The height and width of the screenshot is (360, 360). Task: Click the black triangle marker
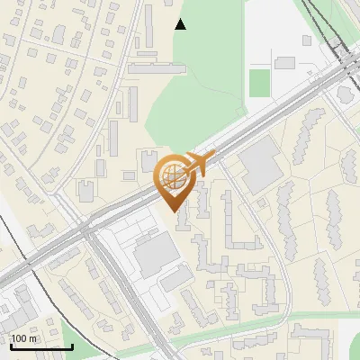[x=180, y=24]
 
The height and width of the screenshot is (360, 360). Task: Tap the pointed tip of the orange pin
[x=173, y=212]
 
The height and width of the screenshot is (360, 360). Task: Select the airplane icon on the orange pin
[x=198, y=164]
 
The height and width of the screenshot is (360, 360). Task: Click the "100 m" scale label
[x=24, y=338]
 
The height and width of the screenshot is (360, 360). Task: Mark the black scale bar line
[x=41, y=346]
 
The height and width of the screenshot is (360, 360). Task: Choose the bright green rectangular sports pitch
[x=259, y=83]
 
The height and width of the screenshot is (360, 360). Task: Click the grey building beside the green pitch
[x=286, y=63]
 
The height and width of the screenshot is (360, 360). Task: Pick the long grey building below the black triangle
[x=157, y=67]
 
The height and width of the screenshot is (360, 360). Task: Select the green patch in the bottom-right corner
[x=353, y=346]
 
